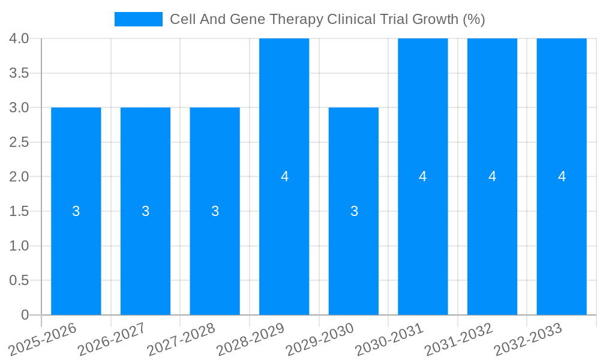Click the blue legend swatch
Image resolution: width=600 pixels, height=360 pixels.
(x=139, y=19)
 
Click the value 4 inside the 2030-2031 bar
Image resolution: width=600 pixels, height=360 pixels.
(x=423, y=176)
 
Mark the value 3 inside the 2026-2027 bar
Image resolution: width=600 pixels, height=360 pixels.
(x=146, y=211)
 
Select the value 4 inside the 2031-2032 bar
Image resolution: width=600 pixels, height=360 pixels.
(x=493, y=176)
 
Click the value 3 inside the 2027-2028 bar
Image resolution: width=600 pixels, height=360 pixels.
(x=215, y=211)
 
